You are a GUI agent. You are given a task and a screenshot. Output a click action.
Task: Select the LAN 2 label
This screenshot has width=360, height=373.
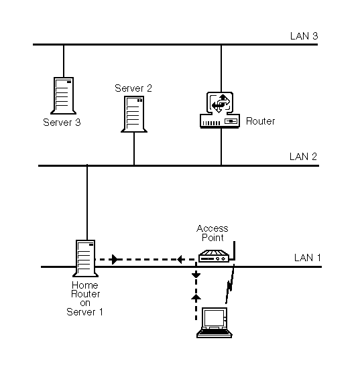click(x=303, y=157)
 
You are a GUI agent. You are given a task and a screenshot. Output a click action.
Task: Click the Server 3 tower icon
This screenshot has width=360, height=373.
click(x=64, y=96)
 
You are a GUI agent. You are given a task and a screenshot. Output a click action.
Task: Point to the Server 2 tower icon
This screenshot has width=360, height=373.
click(x=134, y=114)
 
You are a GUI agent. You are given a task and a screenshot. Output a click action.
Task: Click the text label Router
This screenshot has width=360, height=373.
click(x=261, y=121)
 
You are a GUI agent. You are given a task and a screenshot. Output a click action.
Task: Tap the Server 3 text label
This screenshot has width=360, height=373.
click(x=62, y=123)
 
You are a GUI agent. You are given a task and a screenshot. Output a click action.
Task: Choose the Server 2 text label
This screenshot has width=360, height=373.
click(x=133, y=88)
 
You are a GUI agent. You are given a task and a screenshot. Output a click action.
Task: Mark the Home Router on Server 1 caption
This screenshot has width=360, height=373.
click(x=84, y=299)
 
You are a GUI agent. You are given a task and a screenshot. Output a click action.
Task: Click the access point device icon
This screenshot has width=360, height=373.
click(x=215, y=255)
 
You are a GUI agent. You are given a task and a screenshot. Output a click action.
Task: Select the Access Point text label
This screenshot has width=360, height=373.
click(x=213, y=233)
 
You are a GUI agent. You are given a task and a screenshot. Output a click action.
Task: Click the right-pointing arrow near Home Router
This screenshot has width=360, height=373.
click(x=115, y=259)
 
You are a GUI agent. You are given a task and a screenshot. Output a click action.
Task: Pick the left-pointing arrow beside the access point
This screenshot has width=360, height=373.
click(x=180, y=259)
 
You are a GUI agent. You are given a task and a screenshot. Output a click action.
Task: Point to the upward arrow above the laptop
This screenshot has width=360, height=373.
click(x=195, y=295)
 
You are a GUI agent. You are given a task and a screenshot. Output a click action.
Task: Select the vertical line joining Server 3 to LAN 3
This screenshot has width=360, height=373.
click(x=64, y=60)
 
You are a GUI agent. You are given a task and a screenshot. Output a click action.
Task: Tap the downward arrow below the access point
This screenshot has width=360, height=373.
click(x=195, y=275)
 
